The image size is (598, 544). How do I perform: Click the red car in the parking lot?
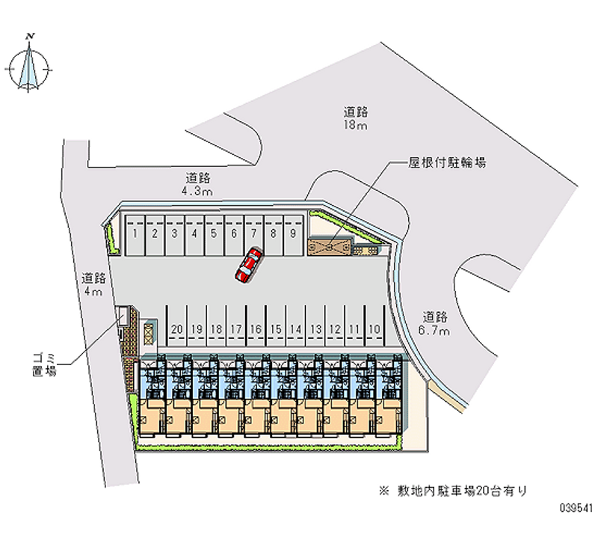coord(247,266)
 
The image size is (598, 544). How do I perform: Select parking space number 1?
coord(134,233)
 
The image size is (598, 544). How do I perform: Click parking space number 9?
coord(294,233)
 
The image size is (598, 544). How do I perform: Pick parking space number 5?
coord(214,233)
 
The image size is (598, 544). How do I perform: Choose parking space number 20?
coord(176,328)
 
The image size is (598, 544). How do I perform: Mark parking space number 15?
coord(276,328)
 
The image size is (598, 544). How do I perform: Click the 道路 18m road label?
coord(355,119)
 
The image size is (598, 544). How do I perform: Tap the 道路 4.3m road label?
coord(197,184)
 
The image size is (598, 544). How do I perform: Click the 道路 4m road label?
coord(93,284)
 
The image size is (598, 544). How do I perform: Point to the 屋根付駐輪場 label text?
coord(448,162)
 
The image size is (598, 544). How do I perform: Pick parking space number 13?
coord(315,328)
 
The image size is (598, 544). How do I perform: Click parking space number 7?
coord(254,233)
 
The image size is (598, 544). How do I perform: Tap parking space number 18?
coord(216,328)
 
